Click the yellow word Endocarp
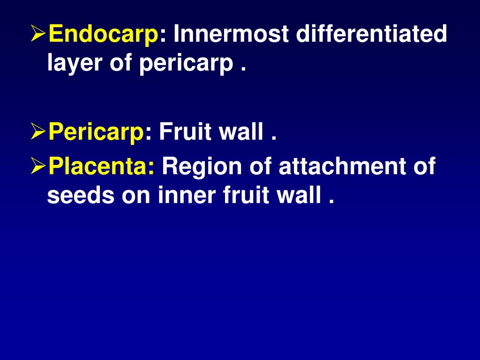pos(103,35)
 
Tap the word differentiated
pos(371,35)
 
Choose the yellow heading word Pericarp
pos(97,133)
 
